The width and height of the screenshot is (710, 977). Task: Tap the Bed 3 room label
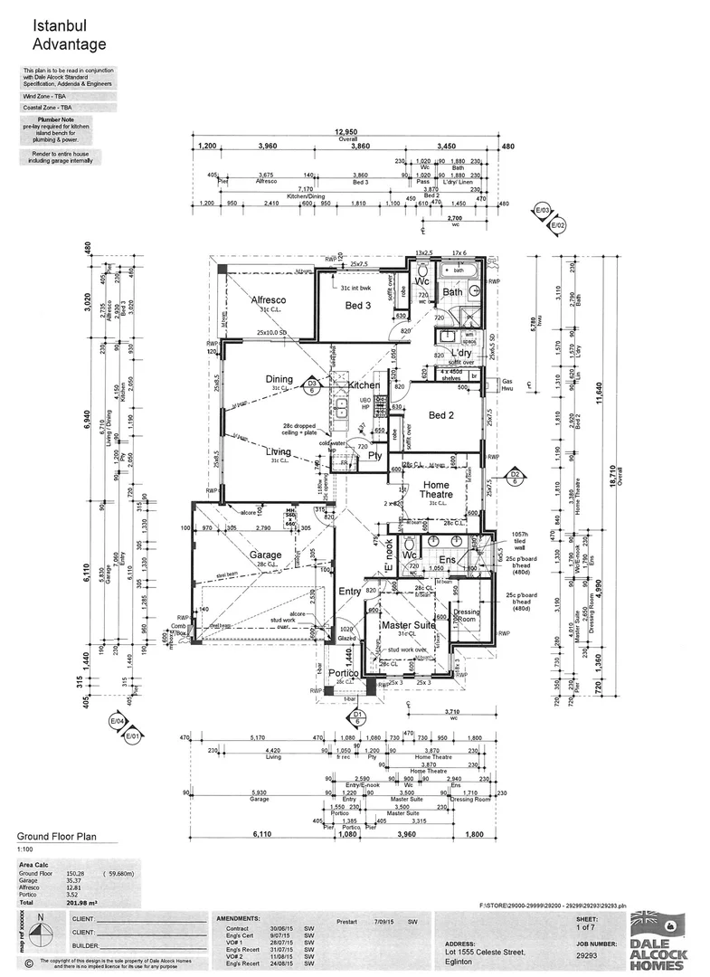358,306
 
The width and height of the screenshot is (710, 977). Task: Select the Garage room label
265,555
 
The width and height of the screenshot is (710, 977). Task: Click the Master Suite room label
407,625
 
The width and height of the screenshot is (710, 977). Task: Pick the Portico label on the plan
346,674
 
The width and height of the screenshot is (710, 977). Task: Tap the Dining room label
279,379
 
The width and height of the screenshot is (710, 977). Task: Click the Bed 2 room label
440,415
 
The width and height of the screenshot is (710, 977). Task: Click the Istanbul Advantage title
69,35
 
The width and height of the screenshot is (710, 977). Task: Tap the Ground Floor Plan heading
57,838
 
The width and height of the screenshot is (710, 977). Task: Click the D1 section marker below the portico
357,717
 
